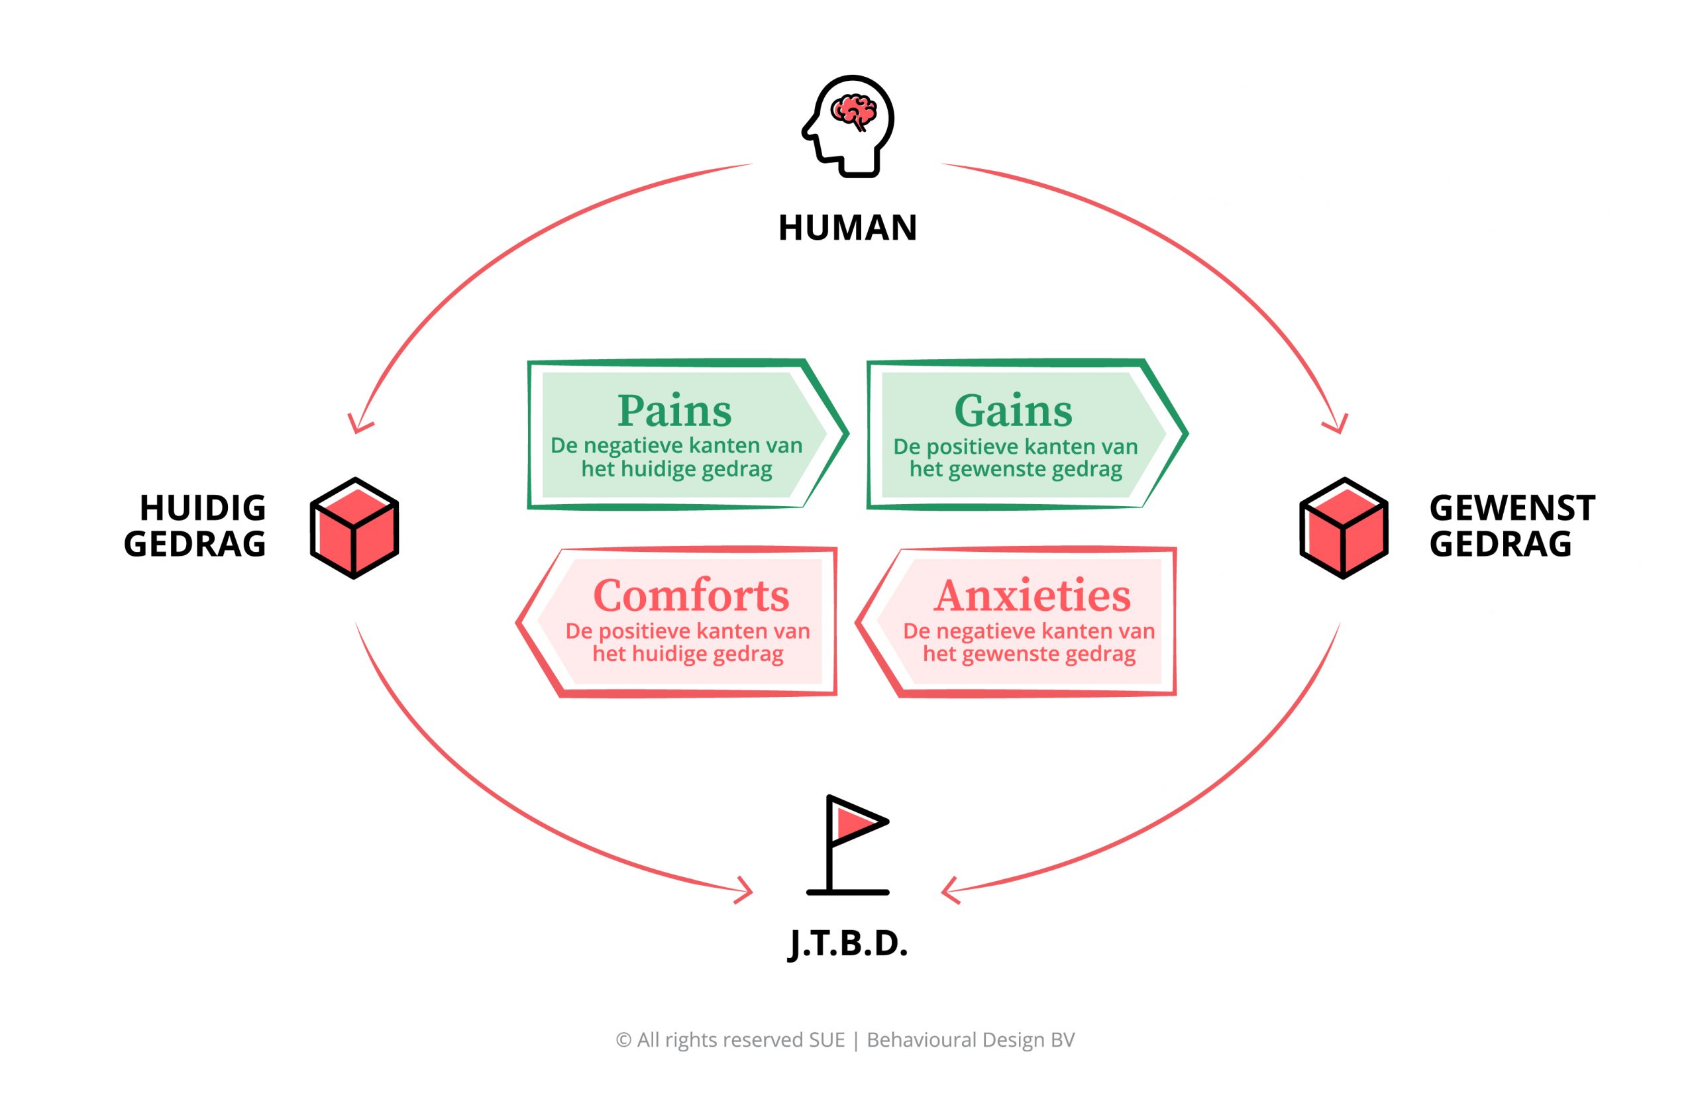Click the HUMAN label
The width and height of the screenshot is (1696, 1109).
[847, 228]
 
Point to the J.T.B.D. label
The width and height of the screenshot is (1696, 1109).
[847, 943]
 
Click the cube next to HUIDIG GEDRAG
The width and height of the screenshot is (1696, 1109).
[354, 528]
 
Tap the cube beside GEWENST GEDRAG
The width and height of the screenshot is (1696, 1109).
[1344, 528]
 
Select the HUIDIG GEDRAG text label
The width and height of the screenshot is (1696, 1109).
[195, 526]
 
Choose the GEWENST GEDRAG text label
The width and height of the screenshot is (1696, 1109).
[1511, 526]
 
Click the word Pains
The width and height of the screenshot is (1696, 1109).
[674, 411]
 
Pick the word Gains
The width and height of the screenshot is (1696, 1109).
[1012, 411]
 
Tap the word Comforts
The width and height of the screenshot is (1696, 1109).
[691, 595]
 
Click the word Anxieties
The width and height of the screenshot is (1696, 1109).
[1032, 595]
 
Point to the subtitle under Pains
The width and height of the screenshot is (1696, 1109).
[676, 458]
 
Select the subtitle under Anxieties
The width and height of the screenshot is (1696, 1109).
[1029, 642]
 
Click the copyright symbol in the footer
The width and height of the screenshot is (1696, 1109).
[623, 1041]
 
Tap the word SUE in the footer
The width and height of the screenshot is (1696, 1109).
[827, 1041]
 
